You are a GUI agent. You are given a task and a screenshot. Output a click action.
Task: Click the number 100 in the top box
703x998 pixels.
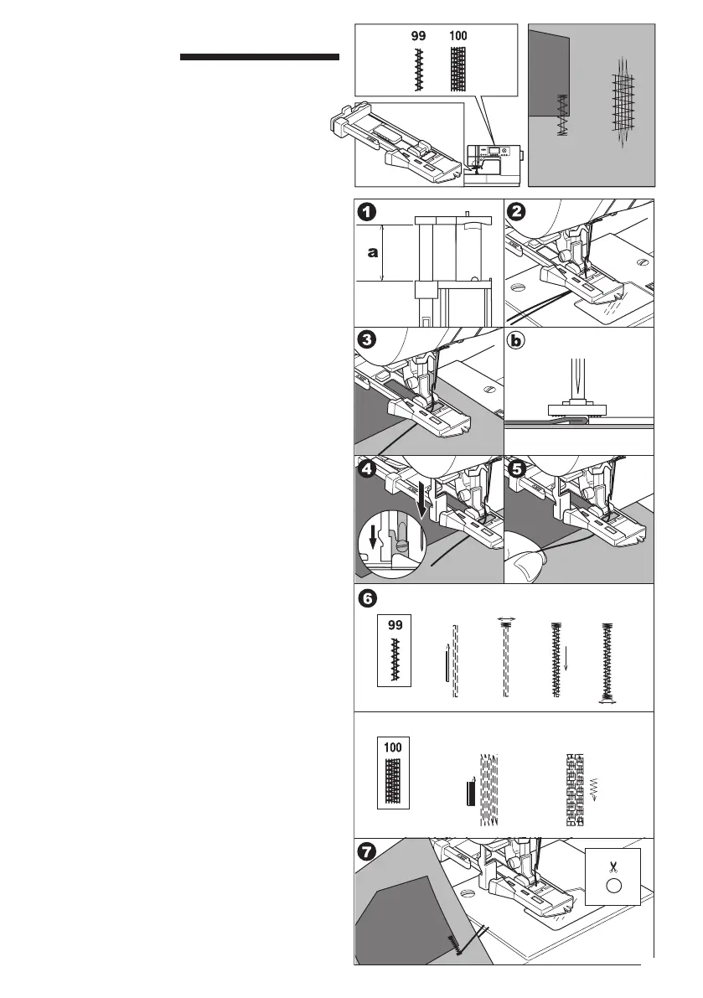(x=457, y=36)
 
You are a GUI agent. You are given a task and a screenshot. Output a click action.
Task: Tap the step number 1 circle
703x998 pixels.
(x=365, y=211)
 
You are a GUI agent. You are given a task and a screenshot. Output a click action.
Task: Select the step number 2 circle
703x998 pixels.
(x=516, y=211)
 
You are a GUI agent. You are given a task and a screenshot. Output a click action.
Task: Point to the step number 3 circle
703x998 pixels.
(x=365, y=341)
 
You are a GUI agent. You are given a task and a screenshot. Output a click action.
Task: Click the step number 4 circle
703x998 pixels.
(x=365, y=469)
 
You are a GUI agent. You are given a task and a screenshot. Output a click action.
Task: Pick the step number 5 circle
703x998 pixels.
(x=516, y=469)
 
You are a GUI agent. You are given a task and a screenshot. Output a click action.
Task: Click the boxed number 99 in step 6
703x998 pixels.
(x=394, y=626)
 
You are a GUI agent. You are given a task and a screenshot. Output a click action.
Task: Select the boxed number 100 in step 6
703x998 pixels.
(x=394, y=747)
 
